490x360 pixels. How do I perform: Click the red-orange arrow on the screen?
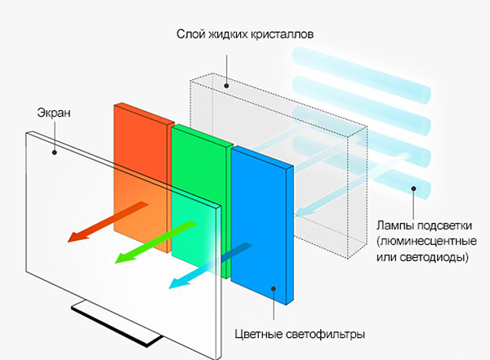[98, 224]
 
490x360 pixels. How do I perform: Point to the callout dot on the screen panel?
[54, 149]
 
